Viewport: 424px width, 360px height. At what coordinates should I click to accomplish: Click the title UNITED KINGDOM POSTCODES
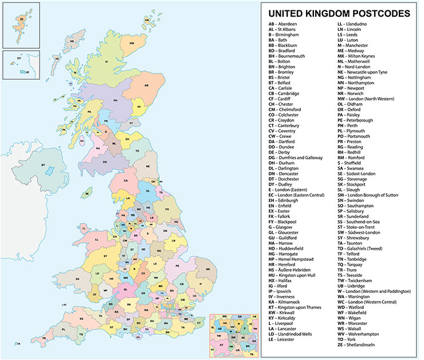(339, 13)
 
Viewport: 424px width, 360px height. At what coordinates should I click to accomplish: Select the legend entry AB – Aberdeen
(282, 24)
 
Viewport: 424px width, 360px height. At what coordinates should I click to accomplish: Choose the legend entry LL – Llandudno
(352, 24)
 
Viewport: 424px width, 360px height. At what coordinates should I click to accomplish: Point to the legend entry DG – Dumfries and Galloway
(299, 157)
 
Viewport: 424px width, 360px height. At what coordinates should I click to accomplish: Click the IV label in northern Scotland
(107, 61)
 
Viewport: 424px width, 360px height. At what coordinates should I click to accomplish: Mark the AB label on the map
(146, 85)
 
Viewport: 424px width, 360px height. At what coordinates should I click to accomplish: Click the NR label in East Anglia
(208, 269)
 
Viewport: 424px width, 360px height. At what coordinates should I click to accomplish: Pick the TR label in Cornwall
(44, 338)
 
